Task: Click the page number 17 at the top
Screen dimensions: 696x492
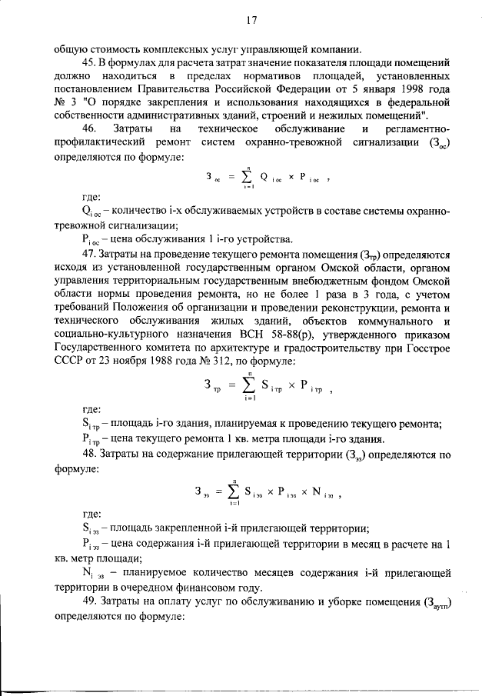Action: pyautogui.click(x=251, y=21)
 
